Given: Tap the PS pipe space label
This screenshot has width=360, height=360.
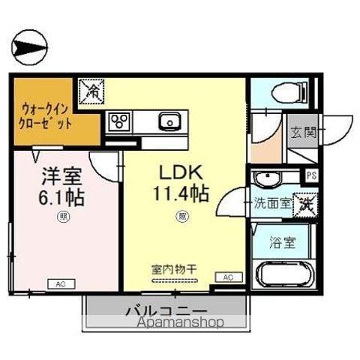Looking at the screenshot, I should tap(312, 175).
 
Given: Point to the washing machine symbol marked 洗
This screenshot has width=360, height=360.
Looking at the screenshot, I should tap(304, 202).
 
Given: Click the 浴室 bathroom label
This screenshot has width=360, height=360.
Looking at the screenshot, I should tap(282, 244).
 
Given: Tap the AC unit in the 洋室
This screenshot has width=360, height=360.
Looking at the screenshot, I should tap(61, 283).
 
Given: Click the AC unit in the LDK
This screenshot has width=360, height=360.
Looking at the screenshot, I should tap(226, 277).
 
